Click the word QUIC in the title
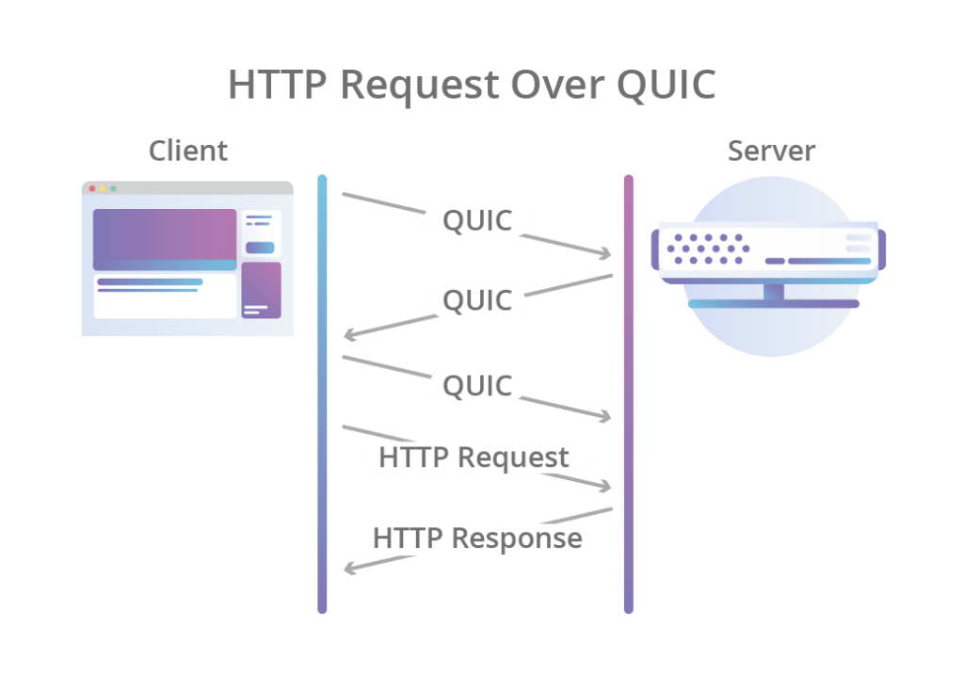pyautogui.click(x=667, y=84)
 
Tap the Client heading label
pyautogui.click(x=188, y=151)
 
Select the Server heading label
pyautogui.click(x=772, y=151)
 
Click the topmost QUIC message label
pyautogui.click(x=477, y=220)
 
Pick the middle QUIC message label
pyautogui.click(x=477, y=301)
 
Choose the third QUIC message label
pyautogui.click(x=477, y=385)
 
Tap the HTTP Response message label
pyautogui.click(x=477, y=539)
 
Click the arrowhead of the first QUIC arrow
pyautogui.click(x=606, y=254)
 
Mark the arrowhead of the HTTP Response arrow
pyautogui.click(x=349, y=569)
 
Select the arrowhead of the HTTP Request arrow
pyautogui.click(x=606, y=487)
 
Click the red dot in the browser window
pyautogui.click(x=91, y=189)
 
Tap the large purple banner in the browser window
pyautogui.click(x=165, y=239)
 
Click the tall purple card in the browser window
pyautogui.click(x=261, y=290)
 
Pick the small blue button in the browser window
pyautogui.click(x=260, y=248)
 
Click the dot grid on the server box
pyautogui.click(x=708, y=249)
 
